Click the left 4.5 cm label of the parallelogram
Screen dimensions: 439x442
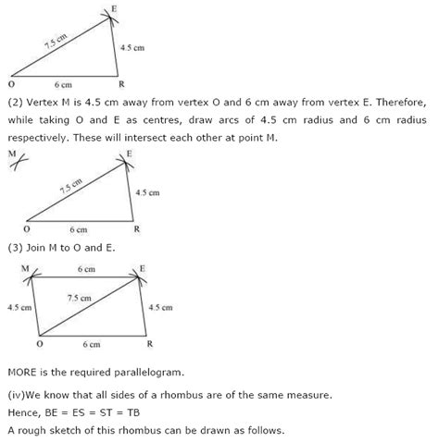(19, 306)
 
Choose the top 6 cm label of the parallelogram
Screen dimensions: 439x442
(85, 268)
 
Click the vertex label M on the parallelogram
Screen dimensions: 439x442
(25, 267)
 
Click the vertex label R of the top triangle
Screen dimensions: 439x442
(119, 83)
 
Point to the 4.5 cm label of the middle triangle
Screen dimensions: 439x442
(146, 192)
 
